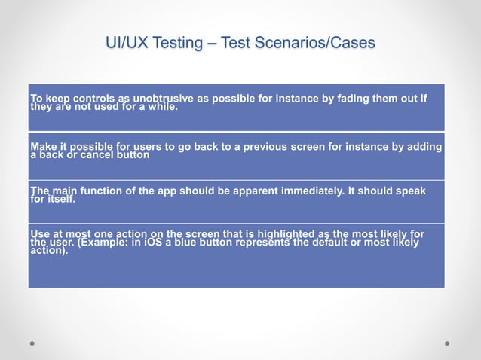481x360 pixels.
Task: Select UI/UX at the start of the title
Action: pos(125,44)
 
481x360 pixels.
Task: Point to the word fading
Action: pos(356,99)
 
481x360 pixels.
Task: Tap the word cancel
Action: pos(93,155)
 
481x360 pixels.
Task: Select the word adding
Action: pos(424,147)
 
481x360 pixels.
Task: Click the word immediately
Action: pos(307,191)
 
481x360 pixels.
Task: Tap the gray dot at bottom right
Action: pos(447,343)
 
